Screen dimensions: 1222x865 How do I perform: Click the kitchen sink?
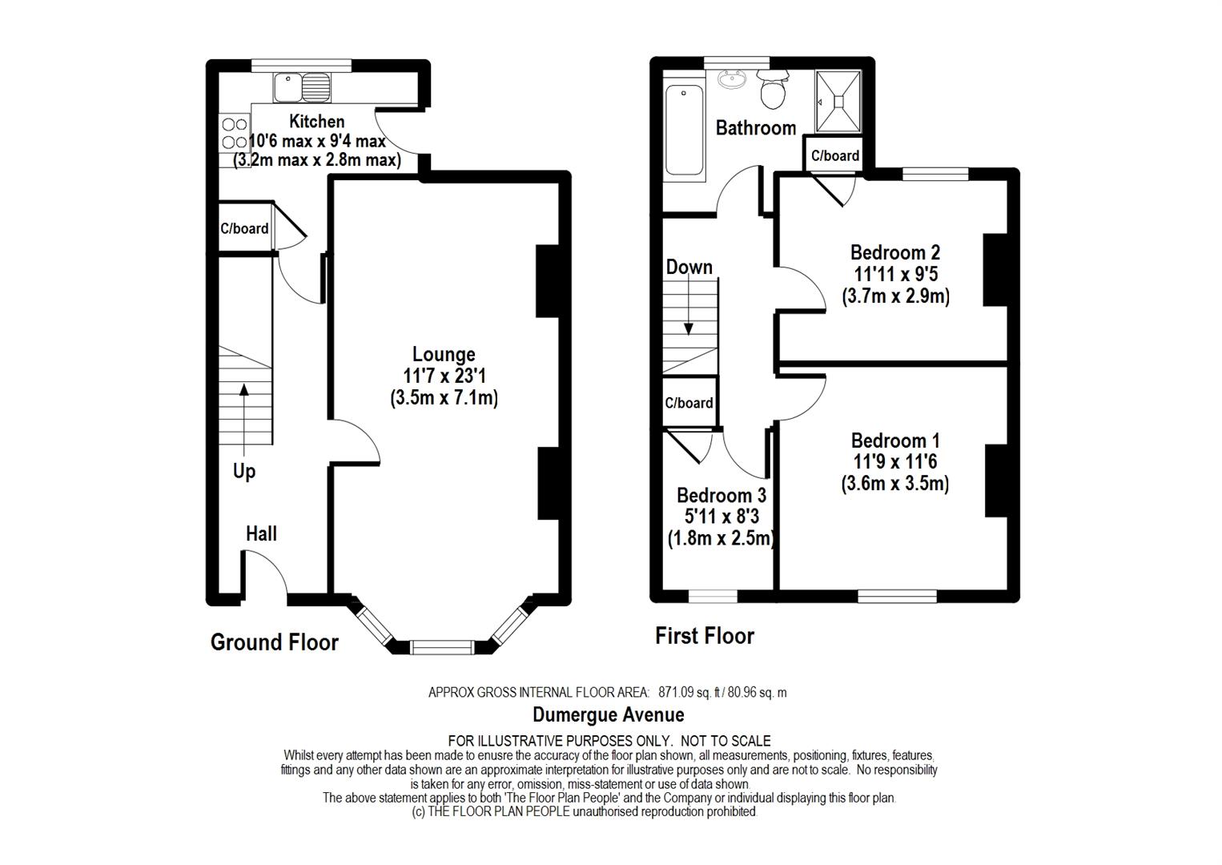coord(302,88)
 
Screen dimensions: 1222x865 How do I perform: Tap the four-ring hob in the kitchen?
coord(235,134)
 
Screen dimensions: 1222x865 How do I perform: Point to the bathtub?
coord(684,131)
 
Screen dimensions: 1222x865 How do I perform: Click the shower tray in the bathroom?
coord(838,102)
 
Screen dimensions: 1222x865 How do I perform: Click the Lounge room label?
coord(444,354)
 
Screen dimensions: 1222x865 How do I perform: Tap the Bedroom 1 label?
coord(895,441)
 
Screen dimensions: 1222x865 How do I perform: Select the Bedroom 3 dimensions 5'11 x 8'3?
coord(722,517)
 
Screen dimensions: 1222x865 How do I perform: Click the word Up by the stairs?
coord(244,471)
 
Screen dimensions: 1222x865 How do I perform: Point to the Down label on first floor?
coord(689,267)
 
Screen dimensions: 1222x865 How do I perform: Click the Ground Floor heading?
coord(275,642)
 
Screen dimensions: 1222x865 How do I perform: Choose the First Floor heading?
coord(704,636)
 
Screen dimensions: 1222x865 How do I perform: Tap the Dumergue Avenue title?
coord(609,714)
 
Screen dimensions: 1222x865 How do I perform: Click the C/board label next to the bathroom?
coord(834,155)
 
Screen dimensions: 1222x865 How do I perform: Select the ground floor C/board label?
coord(244,228)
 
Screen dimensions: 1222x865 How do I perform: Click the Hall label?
coord(261,533)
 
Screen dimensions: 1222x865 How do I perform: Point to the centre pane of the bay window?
coord(442,647)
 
